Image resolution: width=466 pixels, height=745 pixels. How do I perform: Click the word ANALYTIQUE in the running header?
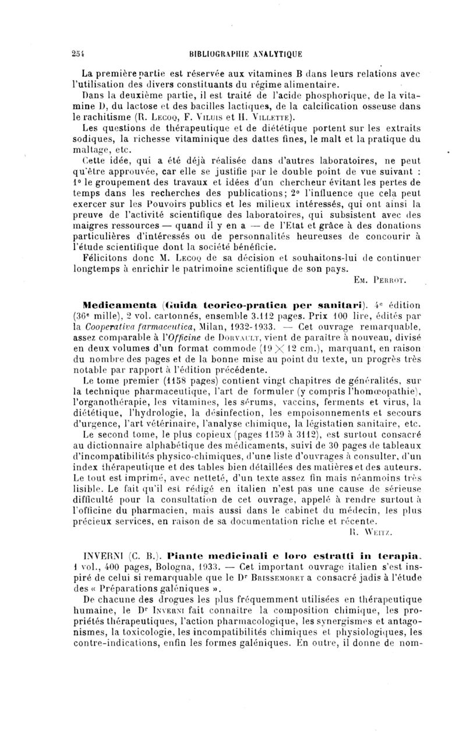click(x=276, y=55)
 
